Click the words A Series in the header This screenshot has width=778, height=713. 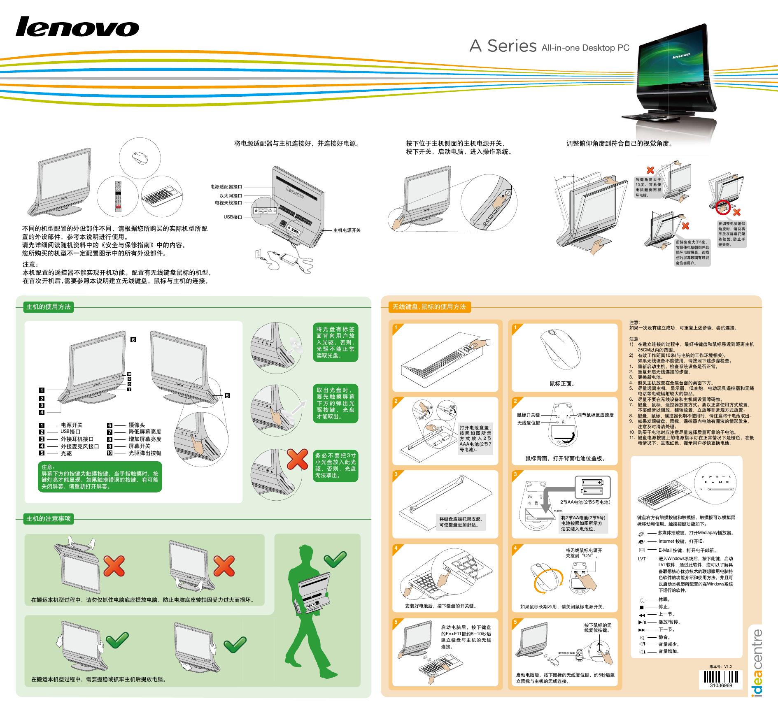[x=503, y=46]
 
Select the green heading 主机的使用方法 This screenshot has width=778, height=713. [x=49, y=307]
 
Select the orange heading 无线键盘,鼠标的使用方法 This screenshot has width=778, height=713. [x=429, y=307]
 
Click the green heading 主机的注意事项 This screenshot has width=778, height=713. [x=49, y=518]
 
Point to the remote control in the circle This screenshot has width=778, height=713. [x=119, y=196]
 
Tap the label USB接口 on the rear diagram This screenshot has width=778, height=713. [x=233, y=217]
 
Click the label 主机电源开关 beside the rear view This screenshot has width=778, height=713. [x=347, y=230]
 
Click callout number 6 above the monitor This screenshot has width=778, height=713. [x=133, y=340]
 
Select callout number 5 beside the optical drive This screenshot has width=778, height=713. [x=227, y=396]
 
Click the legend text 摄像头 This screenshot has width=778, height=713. [x=137, y=425]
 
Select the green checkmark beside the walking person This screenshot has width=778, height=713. [x=335, y=559]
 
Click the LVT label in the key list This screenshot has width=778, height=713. [x=642, y=559]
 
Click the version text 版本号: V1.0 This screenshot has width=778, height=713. [x=720, y=667]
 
